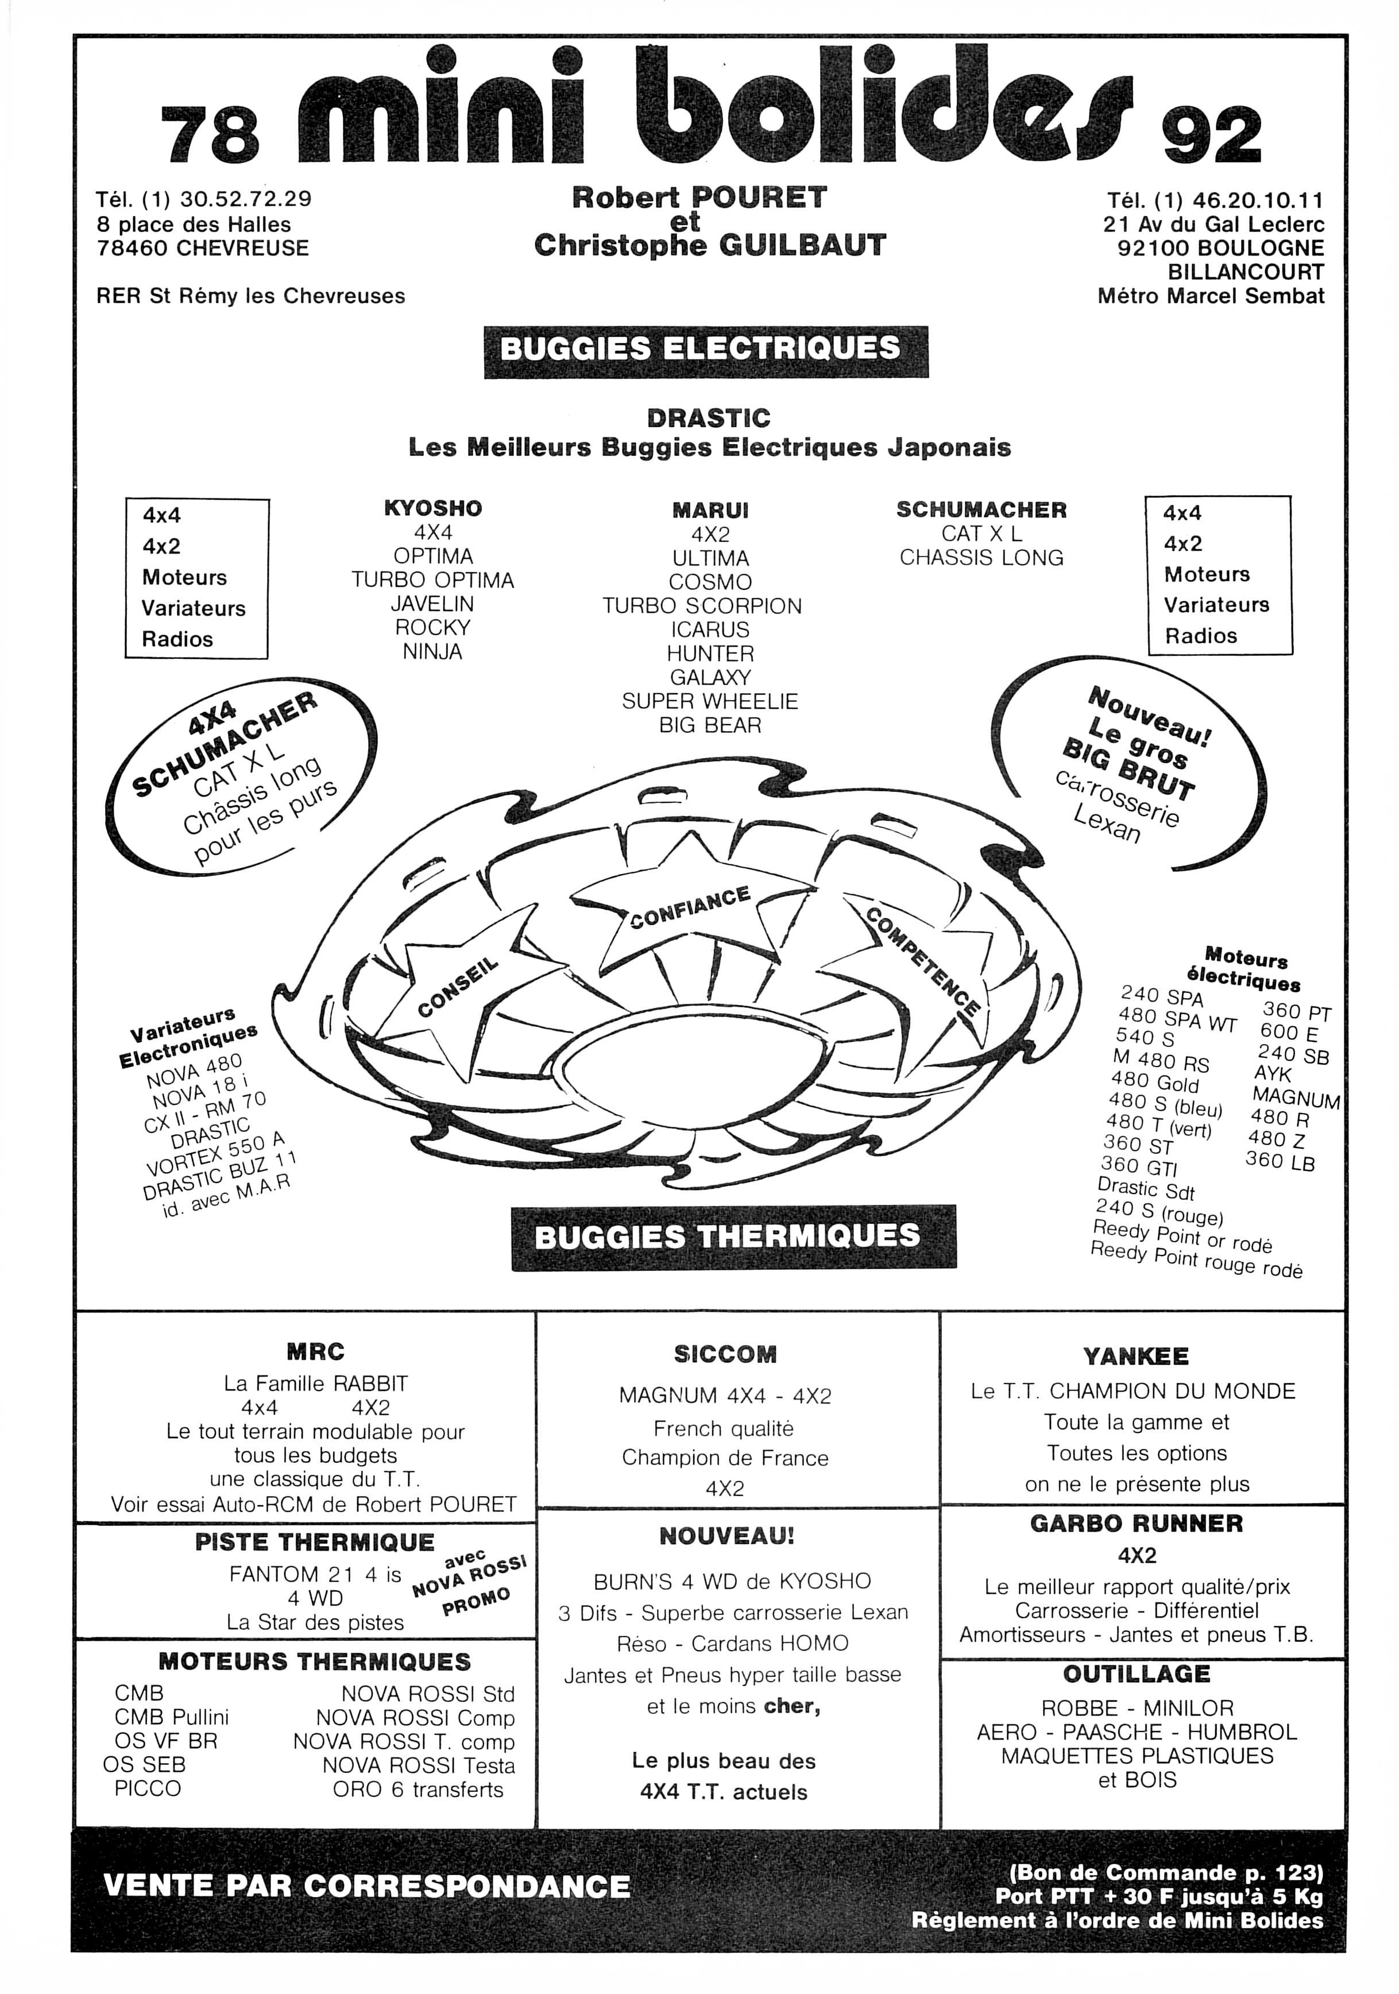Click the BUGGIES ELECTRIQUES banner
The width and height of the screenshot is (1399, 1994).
[x=705, y=351]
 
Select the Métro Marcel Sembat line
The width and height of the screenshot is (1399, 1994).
[x=1211, y=296]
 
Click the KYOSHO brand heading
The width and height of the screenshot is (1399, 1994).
[x=432, y=508]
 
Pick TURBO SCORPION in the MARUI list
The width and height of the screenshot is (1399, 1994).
[x=702, y=606]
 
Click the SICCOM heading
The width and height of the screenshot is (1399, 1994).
[x=725, y=1354]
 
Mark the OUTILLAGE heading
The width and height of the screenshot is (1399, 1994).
[x=1136, y=1674]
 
